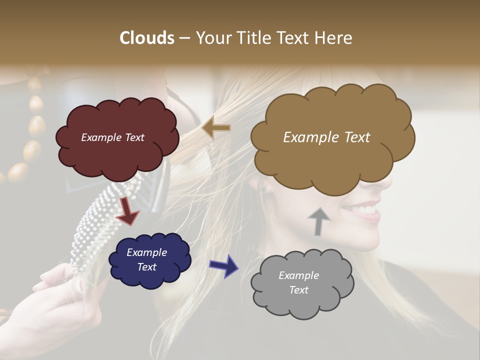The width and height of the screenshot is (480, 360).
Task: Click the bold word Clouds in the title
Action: tap(147, 38)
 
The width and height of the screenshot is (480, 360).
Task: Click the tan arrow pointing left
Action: tap(216, 128)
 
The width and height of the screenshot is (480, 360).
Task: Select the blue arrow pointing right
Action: tap(224, 265)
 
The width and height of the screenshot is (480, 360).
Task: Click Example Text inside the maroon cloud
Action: tap(112, 137)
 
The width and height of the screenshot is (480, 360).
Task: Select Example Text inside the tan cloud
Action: tap(326, 137)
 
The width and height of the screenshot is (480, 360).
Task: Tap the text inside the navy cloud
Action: tap(146, 259)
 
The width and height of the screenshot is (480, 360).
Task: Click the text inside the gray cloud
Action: tap(298, 282)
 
